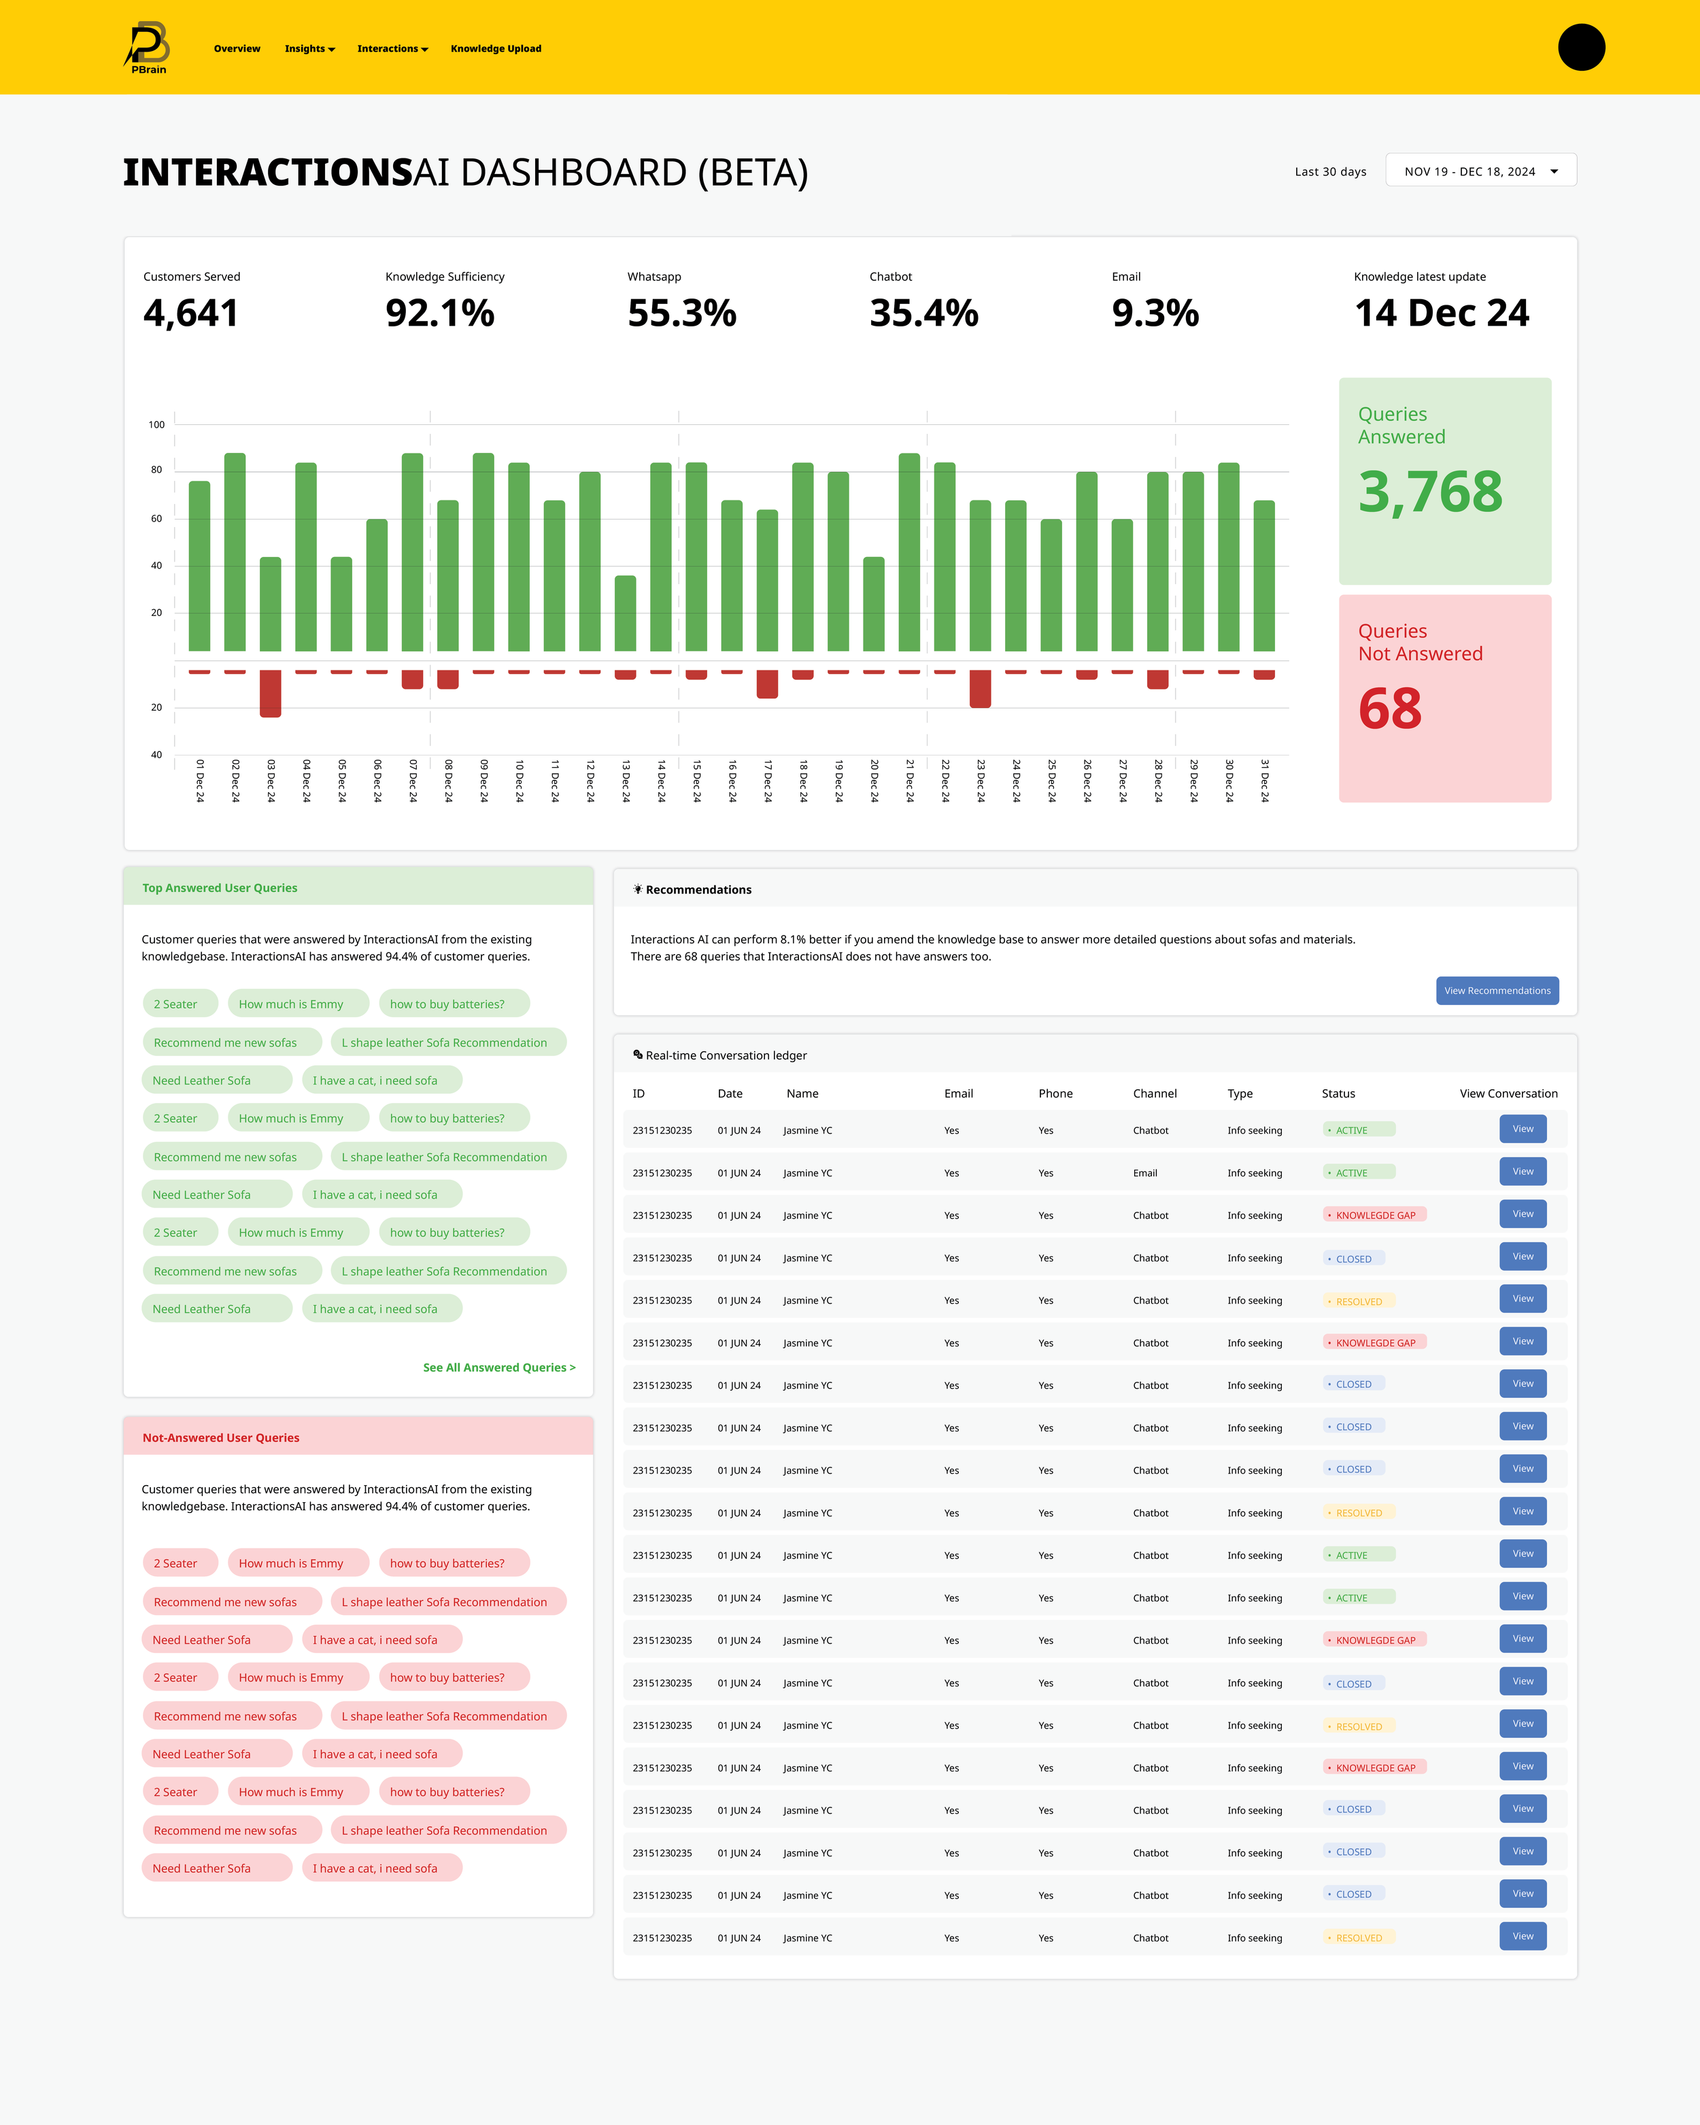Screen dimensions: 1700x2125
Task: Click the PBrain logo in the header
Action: pos(148,48)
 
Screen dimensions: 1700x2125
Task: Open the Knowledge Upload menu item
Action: pos(496,48)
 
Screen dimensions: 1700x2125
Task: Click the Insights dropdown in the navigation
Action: pos(309,48)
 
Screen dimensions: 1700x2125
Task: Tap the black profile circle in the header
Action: pos(1581,48)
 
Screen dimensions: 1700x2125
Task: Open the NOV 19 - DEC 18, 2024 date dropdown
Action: pos(1480,171)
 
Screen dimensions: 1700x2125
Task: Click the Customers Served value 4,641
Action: pos(191,313)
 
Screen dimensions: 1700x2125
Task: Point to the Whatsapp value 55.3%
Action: pos(682,313)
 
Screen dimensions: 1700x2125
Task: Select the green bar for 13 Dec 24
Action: pos(625,613)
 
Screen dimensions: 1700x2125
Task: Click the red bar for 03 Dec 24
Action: pos(270,694)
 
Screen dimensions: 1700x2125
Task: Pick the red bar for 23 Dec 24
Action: pos(980,689)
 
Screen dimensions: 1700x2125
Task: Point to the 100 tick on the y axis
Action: pos(156,425)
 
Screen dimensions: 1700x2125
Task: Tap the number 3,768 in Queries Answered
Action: pos(1430,492)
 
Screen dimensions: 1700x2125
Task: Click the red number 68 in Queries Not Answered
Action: pos(1389,709)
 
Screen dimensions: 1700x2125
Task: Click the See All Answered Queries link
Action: pos(498,1367)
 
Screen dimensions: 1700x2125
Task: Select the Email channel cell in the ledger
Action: pos(1145,1173)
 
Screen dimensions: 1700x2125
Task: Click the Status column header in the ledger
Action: pos(1338,1093)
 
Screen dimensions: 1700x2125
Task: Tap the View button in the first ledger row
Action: pos(1523,1129)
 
